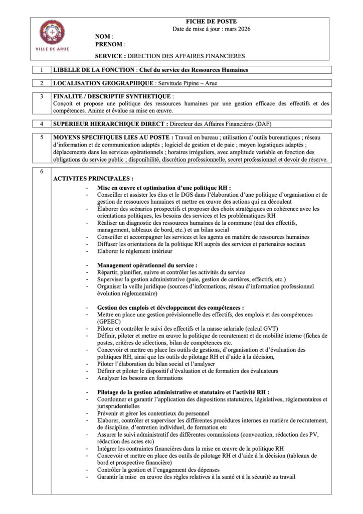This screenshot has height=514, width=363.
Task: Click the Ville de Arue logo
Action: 52,35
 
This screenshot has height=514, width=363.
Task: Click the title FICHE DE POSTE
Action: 211,22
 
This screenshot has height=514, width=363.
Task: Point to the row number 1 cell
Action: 41,70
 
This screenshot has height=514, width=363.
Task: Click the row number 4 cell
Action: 41,123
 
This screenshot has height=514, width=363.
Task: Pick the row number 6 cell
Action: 41,171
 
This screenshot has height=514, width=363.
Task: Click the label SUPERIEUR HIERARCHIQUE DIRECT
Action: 110,123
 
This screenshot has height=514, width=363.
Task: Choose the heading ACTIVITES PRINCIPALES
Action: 93,178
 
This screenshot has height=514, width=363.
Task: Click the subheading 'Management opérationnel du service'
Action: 147,265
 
